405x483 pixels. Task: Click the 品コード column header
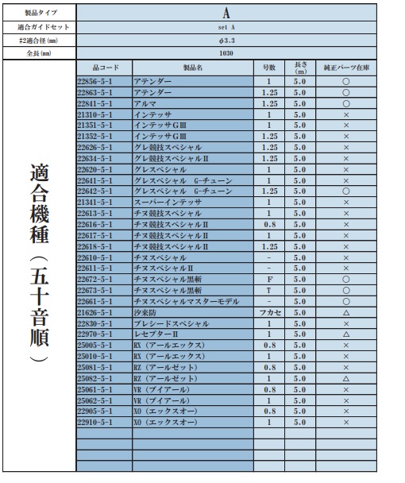[x=104, y=68]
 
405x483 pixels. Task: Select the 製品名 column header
[x=193, y=68]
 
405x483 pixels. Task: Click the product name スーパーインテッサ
[x=168, y=203]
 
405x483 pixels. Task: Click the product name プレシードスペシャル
[x=172, y=324]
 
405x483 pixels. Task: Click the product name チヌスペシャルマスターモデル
[x=187, y=302]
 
